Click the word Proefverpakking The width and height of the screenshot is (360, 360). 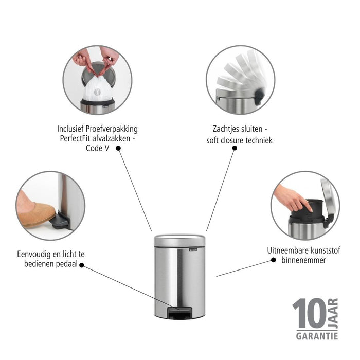[112, 129]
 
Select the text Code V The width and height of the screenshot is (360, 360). [98, 148]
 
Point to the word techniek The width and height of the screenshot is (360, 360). [259, 140]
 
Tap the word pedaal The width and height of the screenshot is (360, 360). [66, 264]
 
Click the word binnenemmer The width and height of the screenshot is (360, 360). [303, 260]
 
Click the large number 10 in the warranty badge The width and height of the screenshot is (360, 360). [309, 313]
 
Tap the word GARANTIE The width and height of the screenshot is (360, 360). [317, 336]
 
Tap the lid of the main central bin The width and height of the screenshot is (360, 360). [179, 241]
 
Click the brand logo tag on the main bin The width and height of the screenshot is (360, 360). [193, 249]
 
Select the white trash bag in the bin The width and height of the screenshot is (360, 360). [97, 88]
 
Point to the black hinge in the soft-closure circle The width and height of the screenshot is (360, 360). [259, 97]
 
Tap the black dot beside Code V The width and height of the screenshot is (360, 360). [118, 148]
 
